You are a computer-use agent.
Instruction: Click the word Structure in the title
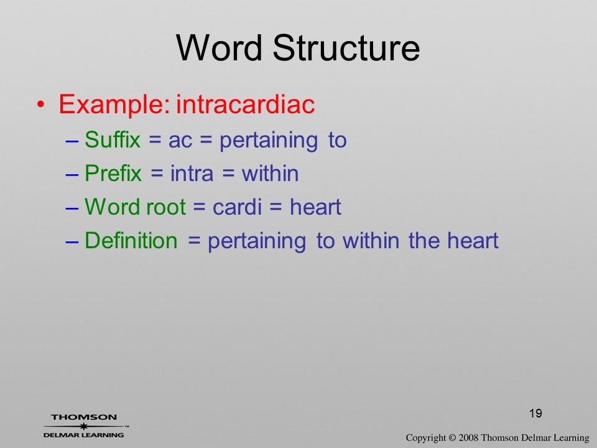point(346,47)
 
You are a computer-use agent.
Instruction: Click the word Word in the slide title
point(219,47)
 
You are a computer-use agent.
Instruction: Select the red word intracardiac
point(245,104)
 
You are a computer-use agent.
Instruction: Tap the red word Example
point(114,105)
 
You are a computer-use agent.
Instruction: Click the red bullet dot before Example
point(41,105)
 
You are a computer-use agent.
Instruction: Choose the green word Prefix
point(113,174)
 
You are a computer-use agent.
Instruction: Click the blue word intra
point(192,174)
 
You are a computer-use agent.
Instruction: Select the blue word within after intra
point(270,174)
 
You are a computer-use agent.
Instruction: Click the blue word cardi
point(237,207)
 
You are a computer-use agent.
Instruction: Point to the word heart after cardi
point(315,207)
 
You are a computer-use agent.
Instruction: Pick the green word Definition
point(131,240)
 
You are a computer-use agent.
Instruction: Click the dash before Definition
point(72,242)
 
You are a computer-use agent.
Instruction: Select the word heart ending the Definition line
point(473,240)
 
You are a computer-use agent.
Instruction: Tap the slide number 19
point(535,413)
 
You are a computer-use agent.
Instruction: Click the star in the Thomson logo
point(84,426)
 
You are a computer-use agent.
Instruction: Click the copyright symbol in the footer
point(452,438)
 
